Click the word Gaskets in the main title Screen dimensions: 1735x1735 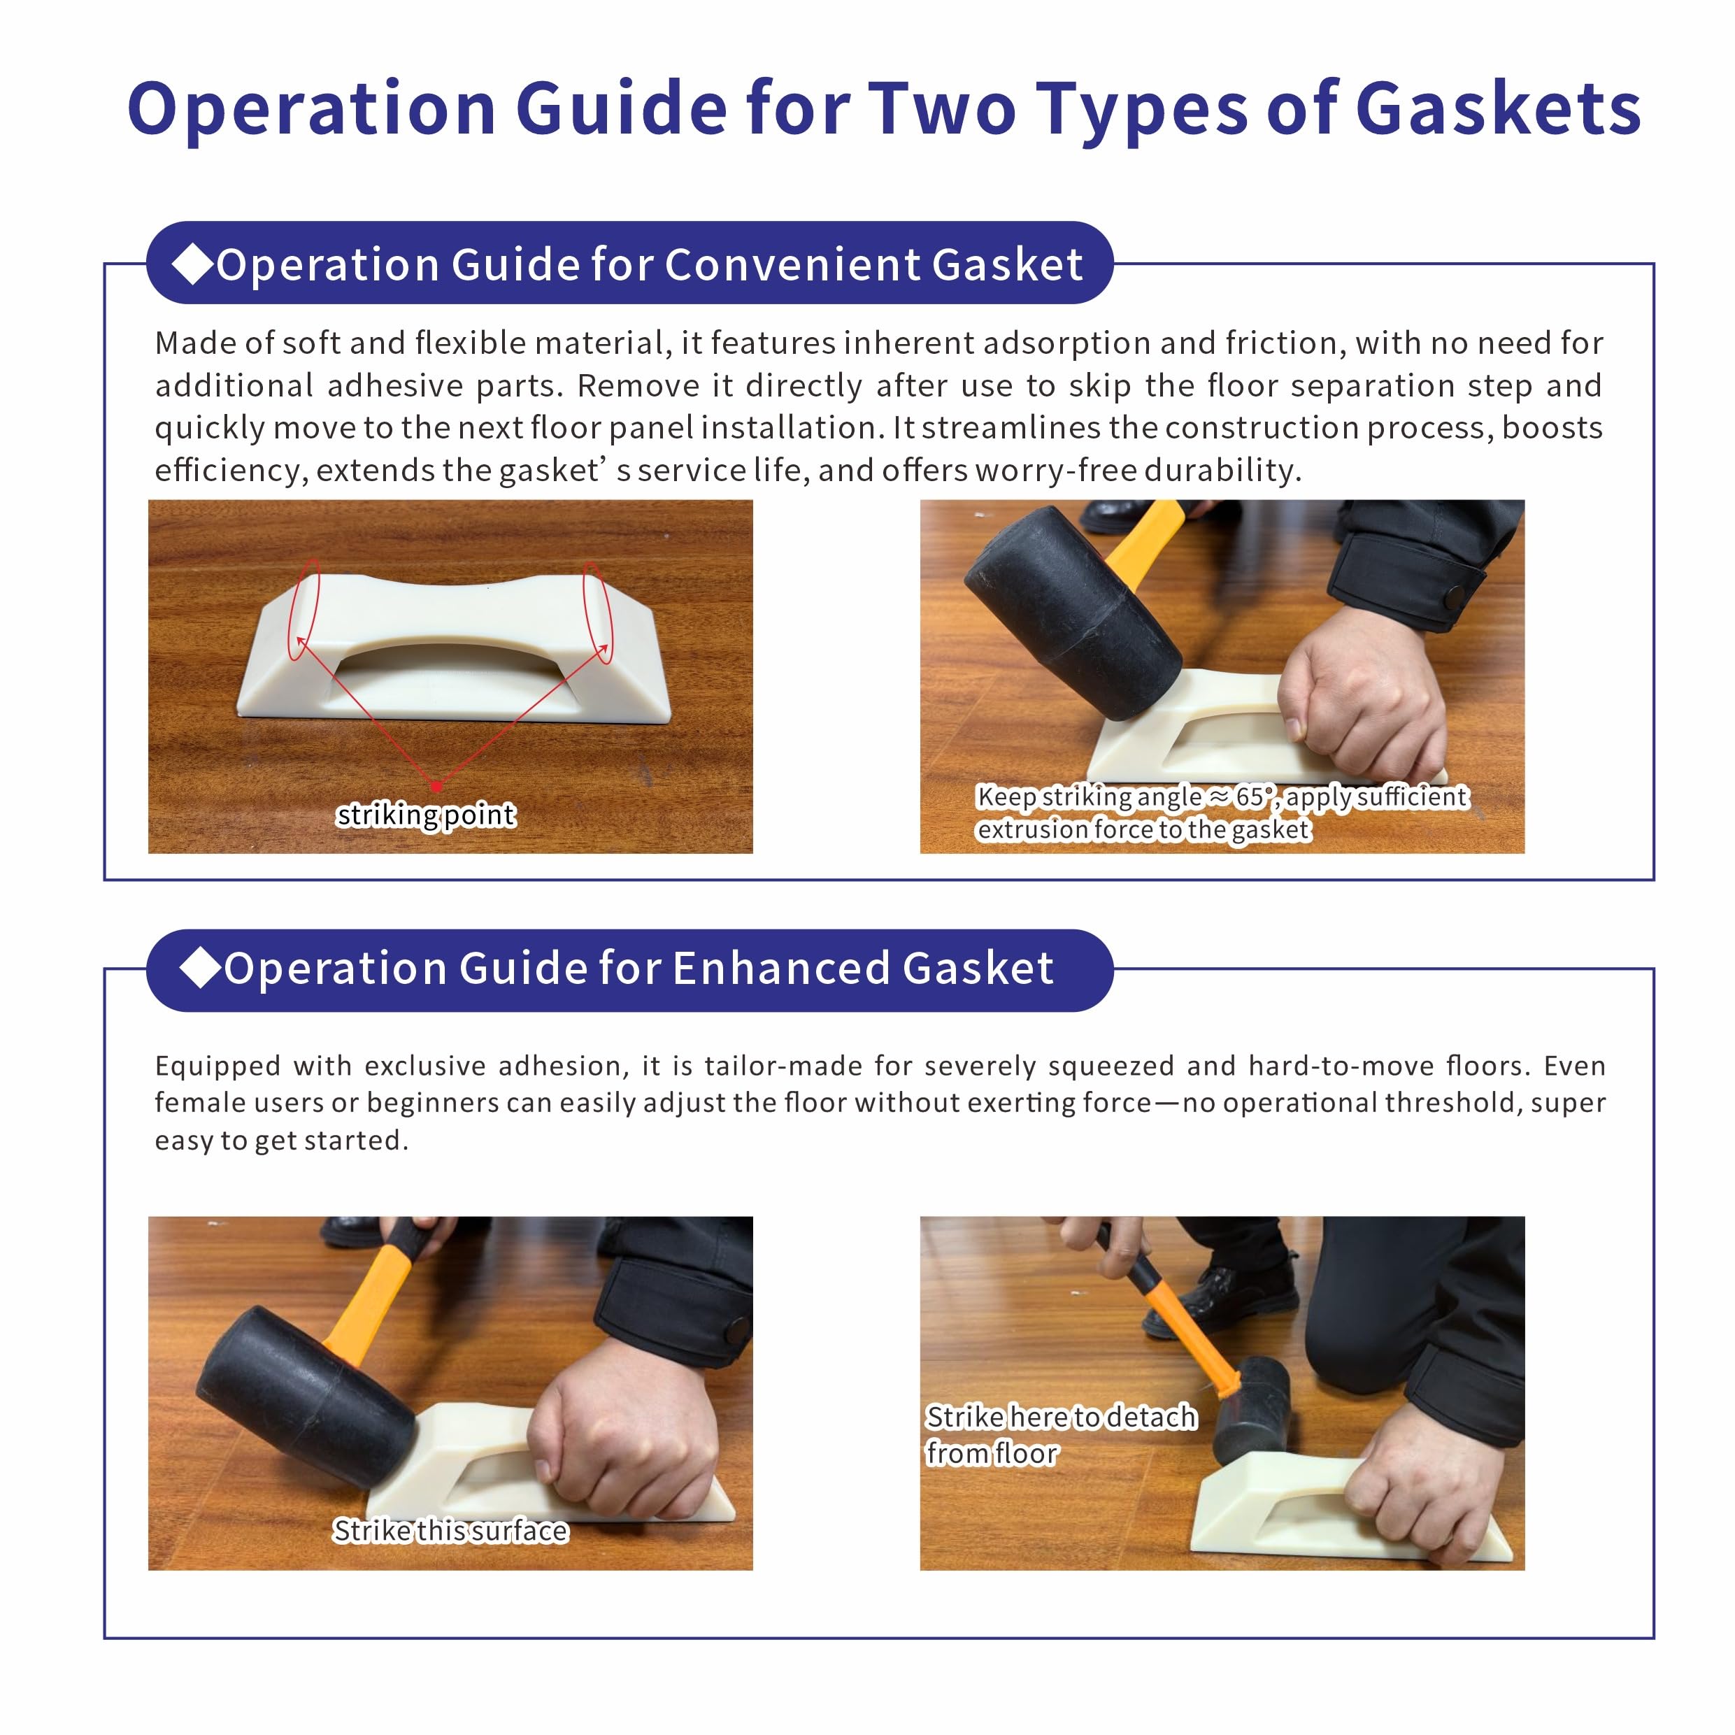[x=1498, y=110]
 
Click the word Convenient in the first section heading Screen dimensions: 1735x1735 [x=791, y=265]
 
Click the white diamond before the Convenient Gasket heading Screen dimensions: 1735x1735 [x=192, y=264]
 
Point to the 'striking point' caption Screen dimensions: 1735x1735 [x=426, y=815]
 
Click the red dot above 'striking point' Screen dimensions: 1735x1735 [x=436, y=787]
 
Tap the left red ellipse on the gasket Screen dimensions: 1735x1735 [x=304, y=610]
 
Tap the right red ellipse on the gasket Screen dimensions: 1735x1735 [x=598, y=613]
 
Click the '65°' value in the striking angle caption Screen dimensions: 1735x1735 [x=1254, y=797]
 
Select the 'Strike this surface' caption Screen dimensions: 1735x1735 [x=450, y=1531]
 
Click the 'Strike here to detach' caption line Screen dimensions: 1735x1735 [x=1062, y=1416]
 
